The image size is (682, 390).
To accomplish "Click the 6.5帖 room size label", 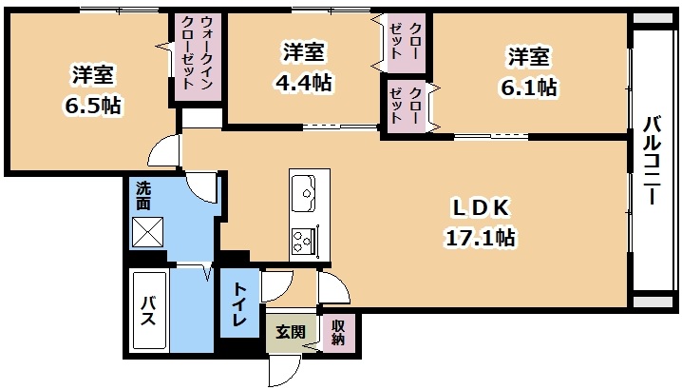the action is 93,105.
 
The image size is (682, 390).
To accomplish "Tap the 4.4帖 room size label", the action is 304,82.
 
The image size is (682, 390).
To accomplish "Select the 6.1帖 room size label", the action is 529,88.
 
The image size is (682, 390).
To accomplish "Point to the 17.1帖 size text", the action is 481,238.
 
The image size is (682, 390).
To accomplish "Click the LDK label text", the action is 481,208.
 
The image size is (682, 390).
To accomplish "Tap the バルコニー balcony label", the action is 652,160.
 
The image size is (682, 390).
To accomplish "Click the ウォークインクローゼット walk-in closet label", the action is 197,52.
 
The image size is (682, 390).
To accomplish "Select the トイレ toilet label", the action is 239,304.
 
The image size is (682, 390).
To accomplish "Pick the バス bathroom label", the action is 149,311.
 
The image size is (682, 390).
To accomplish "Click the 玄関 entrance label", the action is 291,333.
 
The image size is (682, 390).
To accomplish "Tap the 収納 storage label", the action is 338,333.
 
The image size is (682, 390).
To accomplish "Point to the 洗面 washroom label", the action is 143,195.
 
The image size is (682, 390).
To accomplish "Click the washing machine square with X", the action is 147,232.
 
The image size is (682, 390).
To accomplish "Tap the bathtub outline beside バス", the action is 149,310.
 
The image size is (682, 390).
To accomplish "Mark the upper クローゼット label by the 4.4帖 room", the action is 404,41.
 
